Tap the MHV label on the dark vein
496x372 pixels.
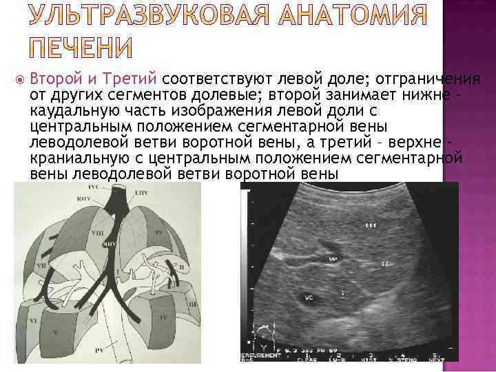click(109, 244)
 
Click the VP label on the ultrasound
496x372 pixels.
click(332, 259)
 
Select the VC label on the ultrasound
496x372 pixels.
click(309, 298)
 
